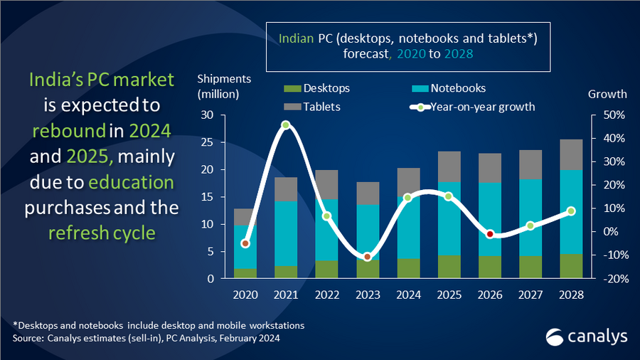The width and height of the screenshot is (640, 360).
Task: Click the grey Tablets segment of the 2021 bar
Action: click(286, 189)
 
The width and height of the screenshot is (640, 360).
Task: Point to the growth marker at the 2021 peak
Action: click(286, 125)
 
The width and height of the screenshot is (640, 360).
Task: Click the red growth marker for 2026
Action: click(490, 234)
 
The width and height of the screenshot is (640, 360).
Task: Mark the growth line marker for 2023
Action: click(367, 256)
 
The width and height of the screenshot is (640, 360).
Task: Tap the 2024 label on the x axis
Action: click(408, 293)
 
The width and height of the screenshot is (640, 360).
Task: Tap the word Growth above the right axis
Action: click(607, 94)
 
